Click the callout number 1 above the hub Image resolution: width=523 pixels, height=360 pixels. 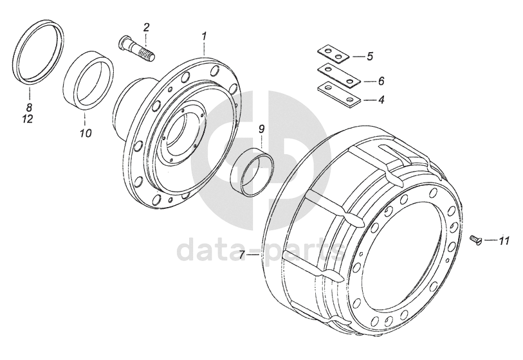point(205,37)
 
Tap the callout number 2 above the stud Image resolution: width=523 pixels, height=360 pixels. point(147,28)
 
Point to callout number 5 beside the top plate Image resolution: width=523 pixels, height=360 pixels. point(369,57)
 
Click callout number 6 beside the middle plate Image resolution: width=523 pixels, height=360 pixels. point(381,81)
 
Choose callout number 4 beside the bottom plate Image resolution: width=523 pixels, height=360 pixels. point(381,100)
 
